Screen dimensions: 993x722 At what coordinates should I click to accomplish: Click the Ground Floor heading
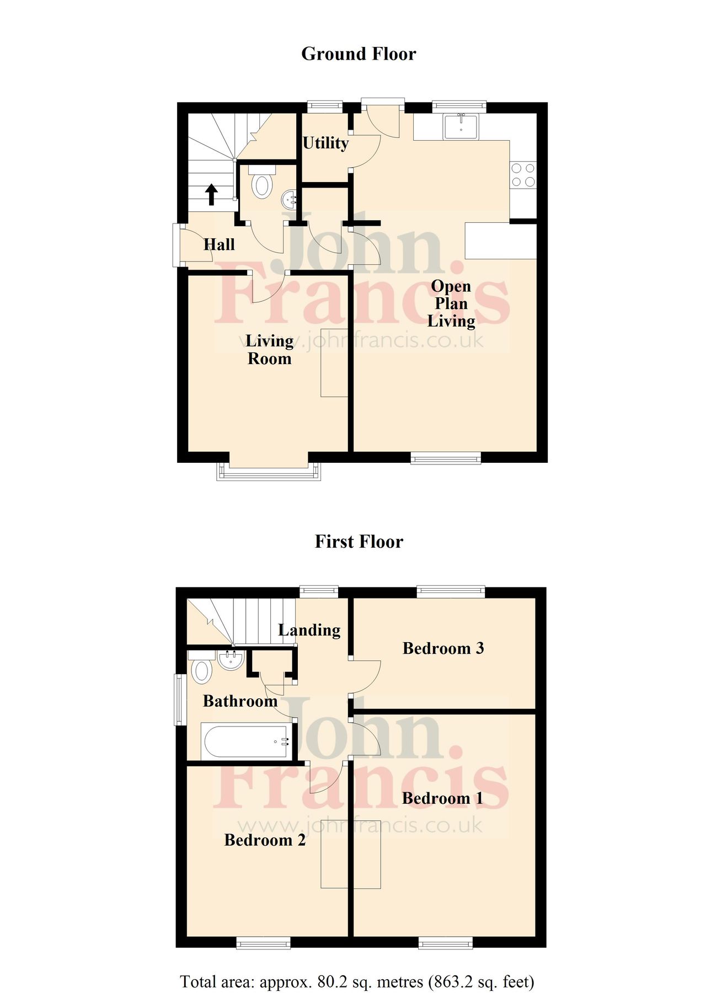click(x=359, y=54)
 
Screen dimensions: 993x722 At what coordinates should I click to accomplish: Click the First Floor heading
click(x=359, y=542)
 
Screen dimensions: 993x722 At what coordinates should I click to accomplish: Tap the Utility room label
click(x=325, y=143)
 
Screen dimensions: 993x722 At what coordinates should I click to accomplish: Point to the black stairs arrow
click(x=211, y=195)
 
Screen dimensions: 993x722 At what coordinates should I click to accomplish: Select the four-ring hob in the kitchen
click(x=523, y=175)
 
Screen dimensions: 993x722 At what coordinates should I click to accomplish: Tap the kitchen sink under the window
click(x=461, y=126)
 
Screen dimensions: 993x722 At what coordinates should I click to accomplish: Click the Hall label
click(x=219, y=244)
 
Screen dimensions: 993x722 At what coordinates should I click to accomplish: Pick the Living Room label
click(x=269, y=350)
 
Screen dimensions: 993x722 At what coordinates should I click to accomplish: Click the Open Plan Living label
click(x=451, y=303)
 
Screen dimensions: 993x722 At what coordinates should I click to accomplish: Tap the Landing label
click(x=309, y=630)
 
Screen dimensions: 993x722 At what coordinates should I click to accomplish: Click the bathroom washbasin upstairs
click(x=231, y=660)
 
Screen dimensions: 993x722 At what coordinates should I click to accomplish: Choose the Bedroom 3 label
click(x=443, y=648)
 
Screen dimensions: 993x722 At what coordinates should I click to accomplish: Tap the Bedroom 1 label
click(x=442, y=798)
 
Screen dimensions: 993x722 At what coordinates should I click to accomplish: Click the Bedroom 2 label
click(x=265, y=840)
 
